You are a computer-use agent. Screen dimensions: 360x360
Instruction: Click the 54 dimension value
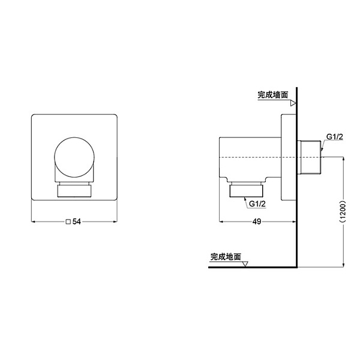coord(77,222)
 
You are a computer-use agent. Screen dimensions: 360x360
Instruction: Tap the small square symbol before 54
coord(68,222)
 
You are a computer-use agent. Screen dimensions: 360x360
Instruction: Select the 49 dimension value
coord(257,221)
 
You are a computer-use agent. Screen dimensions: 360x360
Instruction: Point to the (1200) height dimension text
coord(343,212)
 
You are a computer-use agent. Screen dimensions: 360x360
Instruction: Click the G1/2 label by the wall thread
coord(335,137)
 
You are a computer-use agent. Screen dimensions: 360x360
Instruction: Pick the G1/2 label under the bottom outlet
coord(257,204)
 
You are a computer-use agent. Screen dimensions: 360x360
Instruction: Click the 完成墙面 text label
coord(273,95)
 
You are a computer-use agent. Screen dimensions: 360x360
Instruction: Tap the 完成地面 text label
coord(226,257)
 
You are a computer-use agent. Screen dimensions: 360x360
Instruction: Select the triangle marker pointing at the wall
coord(293,103)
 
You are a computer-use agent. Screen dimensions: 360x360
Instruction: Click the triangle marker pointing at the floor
coord(245,264)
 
